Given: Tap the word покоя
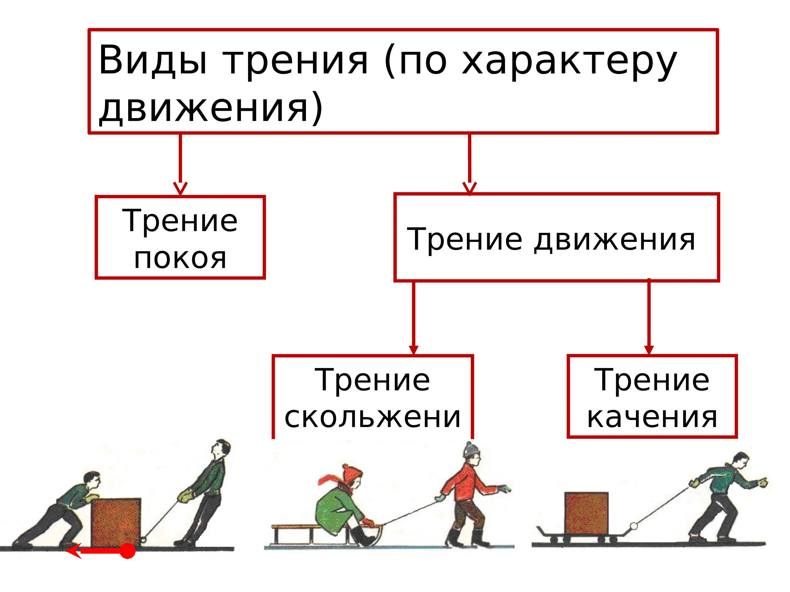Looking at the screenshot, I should click(180, 258).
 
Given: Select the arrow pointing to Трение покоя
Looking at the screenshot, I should click(180, 164).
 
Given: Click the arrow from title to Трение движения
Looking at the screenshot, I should click(469, 164).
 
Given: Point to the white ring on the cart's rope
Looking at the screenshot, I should click(634, 526).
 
